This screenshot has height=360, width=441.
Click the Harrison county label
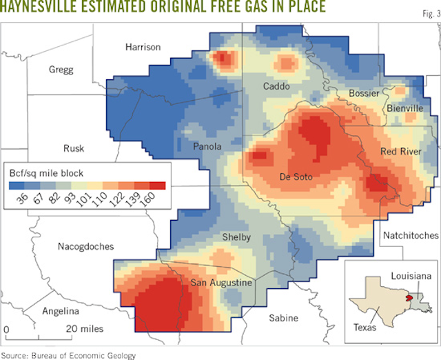[143, 47]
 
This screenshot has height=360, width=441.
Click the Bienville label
[404, 108]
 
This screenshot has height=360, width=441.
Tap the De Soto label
[296, 177]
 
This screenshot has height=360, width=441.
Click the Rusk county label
[74, 148]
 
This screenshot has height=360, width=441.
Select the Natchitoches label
[411, 235]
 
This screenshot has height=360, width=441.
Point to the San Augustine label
[222, 283]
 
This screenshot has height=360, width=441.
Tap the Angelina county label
[61, 311]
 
